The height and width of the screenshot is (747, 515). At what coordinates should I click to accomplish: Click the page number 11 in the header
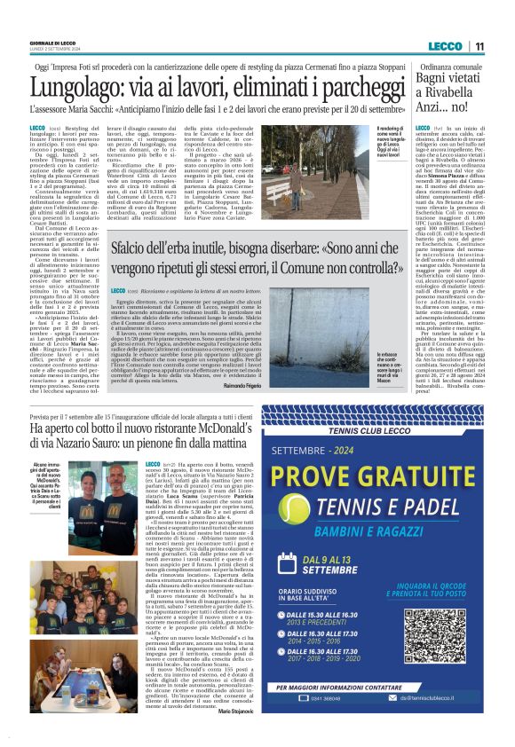[479, 46]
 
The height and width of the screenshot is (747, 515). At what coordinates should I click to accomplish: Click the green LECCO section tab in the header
[443, 46]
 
